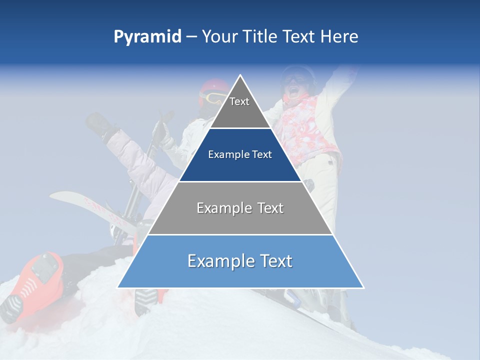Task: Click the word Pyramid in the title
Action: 147,37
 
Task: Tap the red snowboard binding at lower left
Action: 42,275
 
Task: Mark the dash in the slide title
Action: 191,37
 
